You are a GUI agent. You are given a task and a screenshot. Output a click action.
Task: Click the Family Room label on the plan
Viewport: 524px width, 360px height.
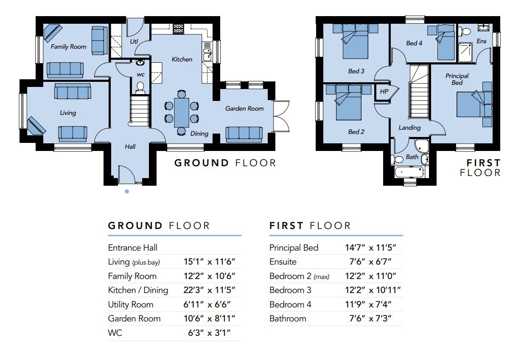coord(68,47)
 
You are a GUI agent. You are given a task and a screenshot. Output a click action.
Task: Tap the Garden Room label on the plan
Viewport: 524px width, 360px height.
coord(244,109)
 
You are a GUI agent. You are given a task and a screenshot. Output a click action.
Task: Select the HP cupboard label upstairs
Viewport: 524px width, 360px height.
coord(384,92)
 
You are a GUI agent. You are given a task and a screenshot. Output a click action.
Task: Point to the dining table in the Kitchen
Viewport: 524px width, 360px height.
coord(182,113)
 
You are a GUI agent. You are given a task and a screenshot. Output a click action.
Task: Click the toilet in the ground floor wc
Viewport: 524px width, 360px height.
coord(140,88)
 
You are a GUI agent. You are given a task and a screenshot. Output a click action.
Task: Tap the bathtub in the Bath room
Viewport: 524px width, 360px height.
coord(409,172)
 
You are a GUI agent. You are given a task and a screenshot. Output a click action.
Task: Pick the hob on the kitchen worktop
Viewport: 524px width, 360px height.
coord(178,29)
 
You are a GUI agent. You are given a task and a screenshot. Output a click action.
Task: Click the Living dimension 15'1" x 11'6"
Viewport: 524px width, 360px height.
coord(209,262)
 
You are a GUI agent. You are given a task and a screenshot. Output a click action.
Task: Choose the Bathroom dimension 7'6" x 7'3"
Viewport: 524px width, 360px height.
coord(370,318)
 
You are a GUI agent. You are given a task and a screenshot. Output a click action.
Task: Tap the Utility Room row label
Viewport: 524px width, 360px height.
coord(131,304)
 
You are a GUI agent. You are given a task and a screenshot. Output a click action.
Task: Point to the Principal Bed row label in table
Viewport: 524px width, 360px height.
coord(294,248)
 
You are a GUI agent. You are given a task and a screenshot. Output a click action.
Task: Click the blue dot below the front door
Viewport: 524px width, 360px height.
coord(127,192)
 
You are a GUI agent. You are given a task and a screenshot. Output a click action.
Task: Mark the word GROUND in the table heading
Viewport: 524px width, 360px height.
coord(135,226)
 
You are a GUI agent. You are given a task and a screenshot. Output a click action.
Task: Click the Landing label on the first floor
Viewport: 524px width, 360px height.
coord(409,128)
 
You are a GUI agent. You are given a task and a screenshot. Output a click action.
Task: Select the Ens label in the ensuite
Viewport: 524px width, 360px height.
coord(482,41)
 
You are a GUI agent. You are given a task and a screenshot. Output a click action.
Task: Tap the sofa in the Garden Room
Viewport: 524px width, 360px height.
coord(244,134)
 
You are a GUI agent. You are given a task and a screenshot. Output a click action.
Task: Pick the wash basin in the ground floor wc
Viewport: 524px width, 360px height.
coord(140,63)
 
